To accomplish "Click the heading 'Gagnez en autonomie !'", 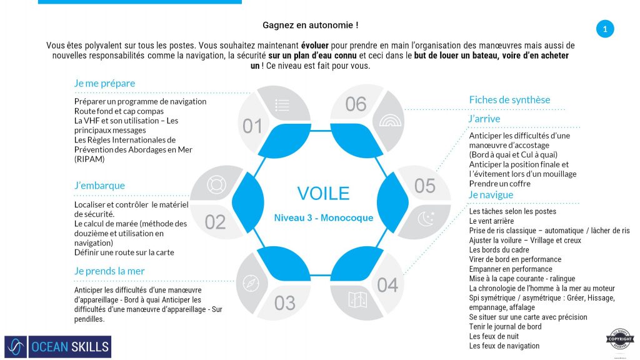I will (311, 26).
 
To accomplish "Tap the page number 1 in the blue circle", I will (604, 29).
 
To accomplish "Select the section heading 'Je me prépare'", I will (104, 83).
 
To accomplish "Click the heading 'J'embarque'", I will (99, 186).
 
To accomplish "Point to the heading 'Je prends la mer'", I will (109, 271).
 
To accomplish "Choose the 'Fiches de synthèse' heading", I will (509, 100).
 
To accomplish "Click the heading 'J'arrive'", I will (484, 119).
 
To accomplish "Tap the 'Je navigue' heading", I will (491, 195).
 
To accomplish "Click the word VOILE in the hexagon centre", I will (323, 193).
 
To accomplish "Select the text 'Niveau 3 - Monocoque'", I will (323, 218).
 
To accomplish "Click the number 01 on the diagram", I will (252, 127).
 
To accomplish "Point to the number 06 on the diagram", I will (356, 104).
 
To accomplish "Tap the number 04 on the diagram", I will (387, 286).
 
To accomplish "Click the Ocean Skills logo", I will (57, 347).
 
